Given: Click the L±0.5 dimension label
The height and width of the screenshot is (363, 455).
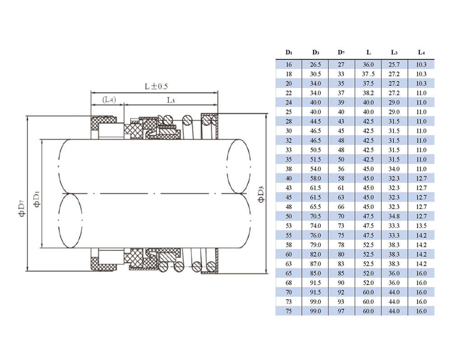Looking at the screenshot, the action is (x=156, y=86).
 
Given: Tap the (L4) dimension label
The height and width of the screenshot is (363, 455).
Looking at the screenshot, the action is (x=109, y=100).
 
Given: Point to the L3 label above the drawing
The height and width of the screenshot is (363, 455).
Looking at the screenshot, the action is (x=171, y=100).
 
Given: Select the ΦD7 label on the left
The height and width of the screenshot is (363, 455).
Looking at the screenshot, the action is (x=22, y=209).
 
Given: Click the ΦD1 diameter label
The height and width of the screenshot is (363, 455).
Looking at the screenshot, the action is (x=37, y=199).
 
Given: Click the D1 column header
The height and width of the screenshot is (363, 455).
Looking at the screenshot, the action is (x=289, y=53).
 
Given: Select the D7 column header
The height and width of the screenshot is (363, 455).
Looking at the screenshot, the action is (x=341, y=53).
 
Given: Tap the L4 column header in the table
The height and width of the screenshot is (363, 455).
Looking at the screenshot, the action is (x=421, y=53).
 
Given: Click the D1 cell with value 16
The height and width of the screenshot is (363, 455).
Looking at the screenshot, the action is (x=289, y=65).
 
